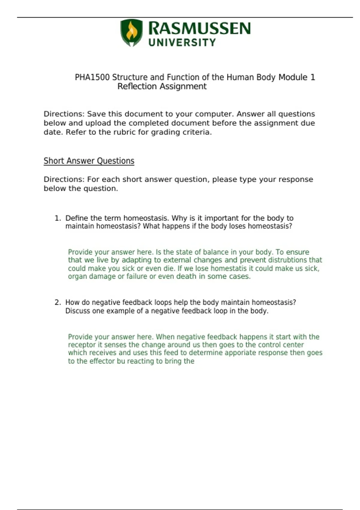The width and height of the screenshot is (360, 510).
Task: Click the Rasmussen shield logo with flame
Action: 131,32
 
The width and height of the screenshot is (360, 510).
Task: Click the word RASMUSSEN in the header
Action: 199,29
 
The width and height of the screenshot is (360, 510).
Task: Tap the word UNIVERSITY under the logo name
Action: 182,43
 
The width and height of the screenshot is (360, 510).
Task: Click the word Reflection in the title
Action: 137,86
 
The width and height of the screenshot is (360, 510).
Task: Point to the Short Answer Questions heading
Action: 89,161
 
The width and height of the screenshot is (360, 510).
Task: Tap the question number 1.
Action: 57,218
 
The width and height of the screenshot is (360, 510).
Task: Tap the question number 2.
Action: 57,302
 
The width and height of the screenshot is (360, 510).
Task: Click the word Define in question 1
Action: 76,218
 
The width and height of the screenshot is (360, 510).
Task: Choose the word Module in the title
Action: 293,77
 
